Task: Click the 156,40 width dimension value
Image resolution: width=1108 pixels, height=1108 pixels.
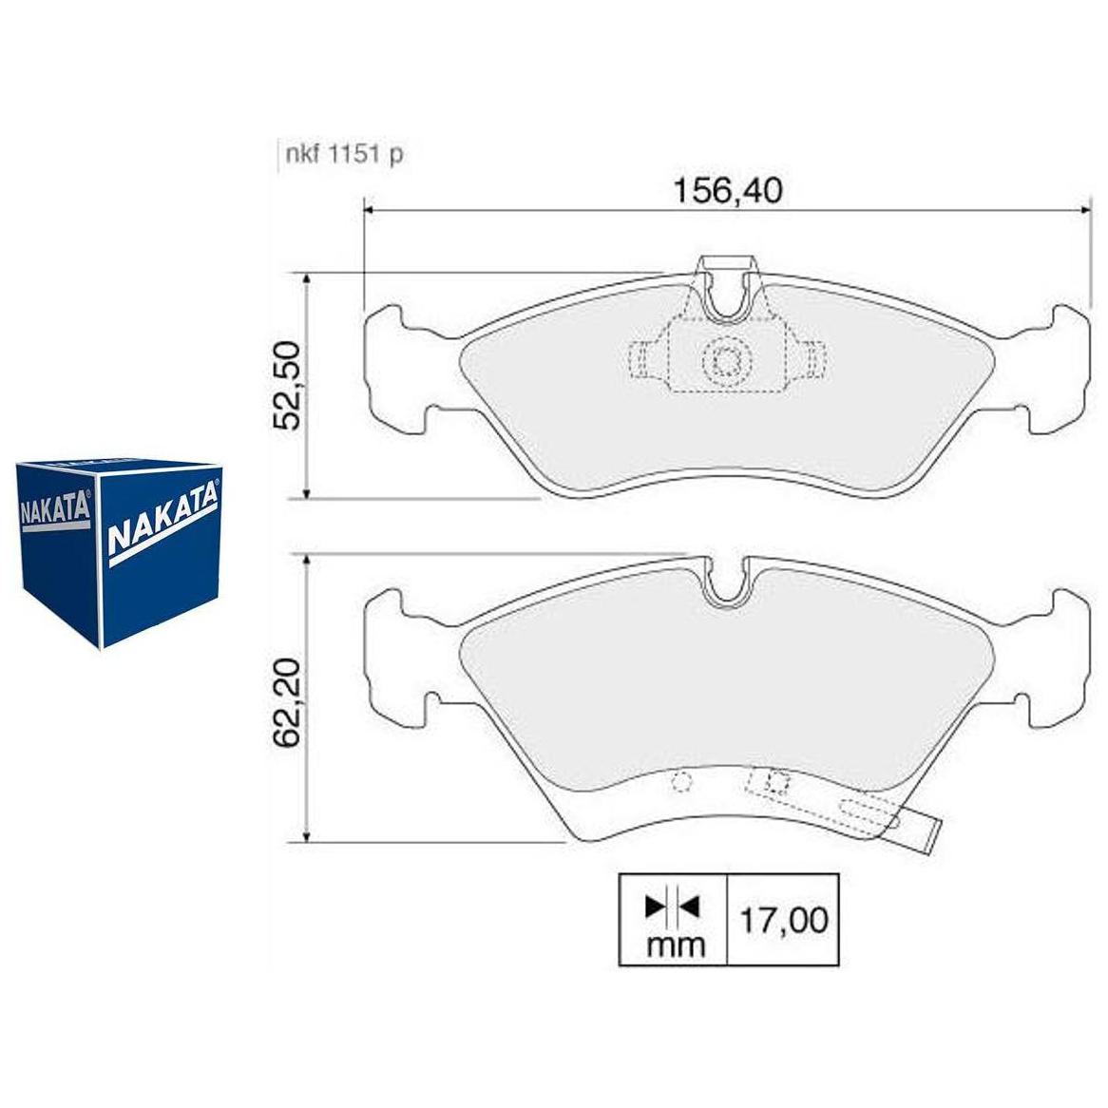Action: (x=727, y=191)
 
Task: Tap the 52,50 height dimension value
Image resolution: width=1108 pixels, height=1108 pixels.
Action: (x=287, y=385)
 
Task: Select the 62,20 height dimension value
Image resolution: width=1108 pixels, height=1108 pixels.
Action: (x=287, y=702)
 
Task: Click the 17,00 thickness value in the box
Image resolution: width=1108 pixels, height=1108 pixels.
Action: (x=783, y=920)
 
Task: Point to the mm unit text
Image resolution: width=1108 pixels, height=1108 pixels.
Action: (x=676, y=945)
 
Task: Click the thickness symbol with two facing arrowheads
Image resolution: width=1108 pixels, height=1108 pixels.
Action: (x=672, y=907)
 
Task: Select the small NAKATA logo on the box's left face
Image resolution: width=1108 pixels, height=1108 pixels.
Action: (x=55, y=506)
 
